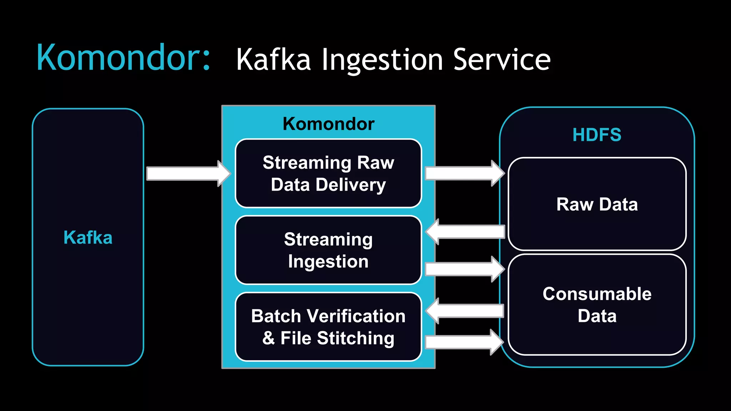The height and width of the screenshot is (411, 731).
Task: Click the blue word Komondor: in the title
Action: tap(123, 58)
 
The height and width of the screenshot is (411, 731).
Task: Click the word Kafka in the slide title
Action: tap(273, 60)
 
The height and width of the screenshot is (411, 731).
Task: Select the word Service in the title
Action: tap(501, 60)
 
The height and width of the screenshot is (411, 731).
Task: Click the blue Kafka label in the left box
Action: tap(88, 238)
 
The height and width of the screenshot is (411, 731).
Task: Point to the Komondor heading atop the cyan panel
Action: tap(328, 124)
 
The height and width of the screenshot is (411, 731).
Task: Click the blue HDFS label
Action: tap(597, 135)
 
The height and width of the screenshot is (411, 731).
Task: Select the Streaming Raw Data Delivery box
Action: tap(328, 173)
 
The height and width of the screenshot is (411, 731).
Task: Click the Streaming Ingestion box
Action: tap(328, 250)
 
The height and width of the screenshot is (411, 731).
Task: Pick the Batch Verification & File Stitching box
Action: tap(328, 327)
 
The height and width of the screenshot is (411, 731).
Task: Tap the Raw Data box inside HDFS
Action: tap(597, 204)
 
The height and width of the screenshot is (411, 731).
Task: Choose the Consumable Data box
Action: tap(597, 305)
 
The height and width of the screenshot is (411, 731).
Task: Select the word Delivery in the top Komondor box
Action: tap(351, 185)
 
